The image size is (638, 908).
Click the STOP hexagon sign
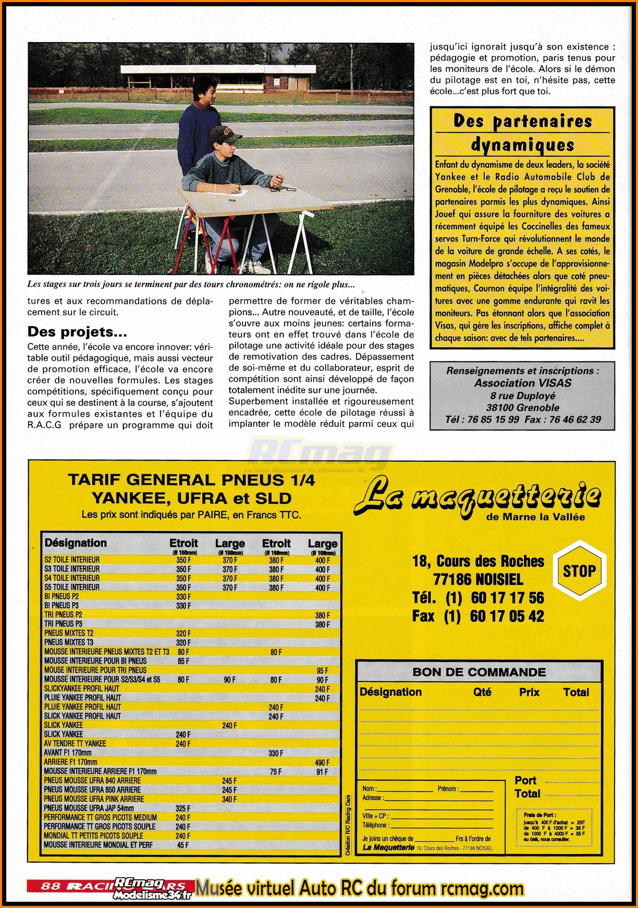coord(579,571)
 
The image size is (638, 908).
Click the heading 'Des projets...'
coord(77,332)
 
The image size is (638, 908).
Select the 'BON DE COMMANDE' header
coord(479,672)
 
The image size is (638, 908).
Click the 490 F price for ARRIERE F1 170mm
coord(322,762)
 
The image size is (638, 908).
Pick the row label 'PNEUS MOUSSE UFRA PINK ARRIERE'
coord(94,799)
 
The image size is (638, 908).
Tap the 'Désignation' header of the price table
coord(76,543)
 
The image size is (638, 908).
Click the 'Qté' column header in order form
coord(482,692)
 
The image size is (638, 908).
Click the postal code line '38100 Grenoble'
coord(522,408)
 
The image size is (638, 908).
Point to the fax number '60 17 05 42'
coord(507,616)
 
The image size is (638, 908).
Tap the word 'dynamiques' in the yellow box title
coord(522,145)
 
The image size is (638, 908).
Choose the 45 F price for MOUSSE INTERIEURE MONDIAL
coord(183,845)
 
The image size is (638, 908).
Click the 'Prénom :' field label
coord(447,789)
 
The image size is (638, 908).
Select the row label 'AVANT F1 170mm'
coord(68,753)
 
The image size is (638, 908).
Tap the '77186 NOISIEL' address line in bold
coord(478,579)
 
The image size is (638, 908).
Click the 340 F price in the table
coord(229,799)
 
